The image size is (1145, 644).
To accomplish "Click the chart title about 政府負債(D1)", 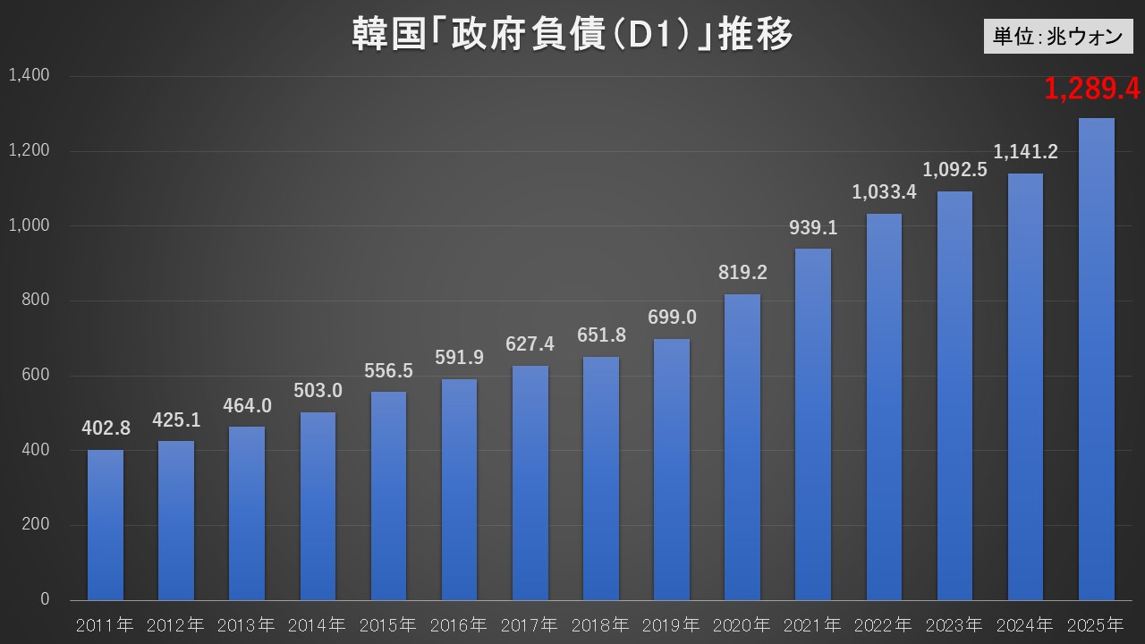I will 572,37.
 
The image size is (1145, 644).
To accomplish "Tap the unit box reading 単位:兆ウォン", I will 1057,36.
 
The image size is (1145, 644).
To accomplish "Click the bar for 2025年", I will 1097,358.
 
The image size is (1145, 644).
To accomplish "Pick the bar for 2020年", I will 742,447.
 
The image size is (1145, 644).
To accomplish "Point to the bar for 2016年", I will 459,489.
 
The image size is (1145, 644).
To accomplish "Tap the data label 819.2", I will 742,272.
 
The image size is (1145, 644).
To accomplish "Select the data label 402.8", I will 106,428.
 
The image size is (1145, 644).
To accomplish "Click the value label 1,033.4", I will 884,191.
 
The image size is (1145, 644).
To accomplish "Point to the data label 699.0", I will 671,317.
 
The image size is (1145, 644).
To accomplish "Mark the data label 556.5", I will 388,370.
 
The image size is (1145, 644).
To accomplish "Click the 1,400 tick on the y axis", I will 29,75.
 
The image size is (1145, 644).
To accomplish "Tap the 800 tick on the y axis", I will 36,301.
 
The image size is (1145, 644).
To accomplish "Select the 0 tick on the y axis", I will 45,599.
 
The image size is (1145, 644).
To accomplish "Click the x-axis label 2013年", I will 246,623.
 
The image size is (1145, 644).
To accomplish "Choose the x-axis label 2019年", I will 671,623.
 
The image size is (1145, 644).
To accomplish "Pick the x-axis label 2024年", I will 1025,623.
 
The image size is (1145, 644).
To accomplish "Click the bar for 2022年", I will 884,407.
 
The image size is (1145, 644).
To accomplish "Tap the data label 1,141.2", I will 1025,152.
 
